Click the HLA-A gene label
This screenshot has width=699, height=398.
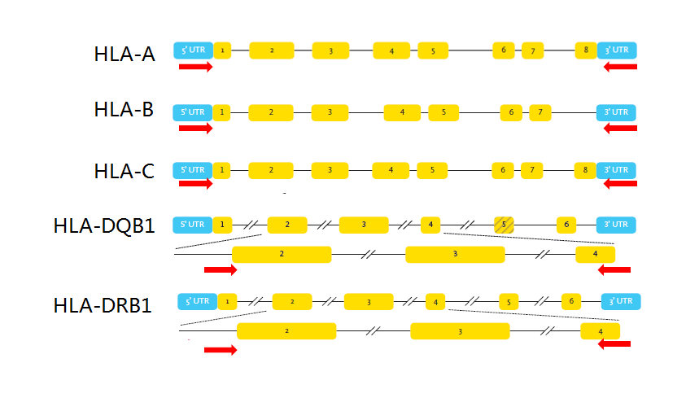click(124, 55)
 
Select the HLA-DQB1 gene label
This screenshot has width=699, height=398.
click(104, 225)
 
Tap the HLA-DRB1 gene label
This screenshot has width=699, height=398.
click(104, 305)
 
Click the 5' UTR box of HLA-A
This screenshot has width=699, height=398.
click(193, 50)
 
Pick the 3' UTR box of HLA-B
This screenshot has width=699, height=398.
click(617, 112)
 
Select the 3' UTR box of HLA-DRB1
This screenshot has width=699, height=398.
click(621, 301)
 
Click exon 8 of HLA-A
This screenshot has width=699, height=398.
click(585, 50)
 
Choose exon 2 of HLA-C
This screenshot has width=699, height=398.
click(271, 170)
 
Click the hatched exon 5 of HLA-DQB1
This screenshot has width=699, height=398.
click(504, 225)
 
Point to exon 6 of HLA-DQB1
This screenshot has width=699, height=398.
click(568, 225)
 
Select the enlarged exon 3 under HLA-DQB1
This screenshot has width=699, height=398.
click(455, 255)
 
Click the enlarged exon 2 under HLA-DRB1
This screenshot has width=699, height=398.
click(286, 331)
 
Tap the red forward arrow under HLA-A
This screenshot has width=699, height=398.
click(195, 67)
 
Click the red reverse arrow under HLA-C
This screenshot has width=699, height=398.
click(621, 184)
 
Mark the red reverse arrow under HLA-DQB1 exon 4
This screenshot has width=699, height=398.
click(614, 269)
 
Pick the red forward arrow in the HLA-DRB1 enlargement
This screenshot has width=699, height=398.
click(221, 350)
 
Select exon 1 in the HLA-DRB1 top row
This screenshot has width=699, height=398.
click(227, 301)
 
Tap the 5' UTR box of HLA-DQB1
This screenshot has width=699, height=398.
click(192, 225)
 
